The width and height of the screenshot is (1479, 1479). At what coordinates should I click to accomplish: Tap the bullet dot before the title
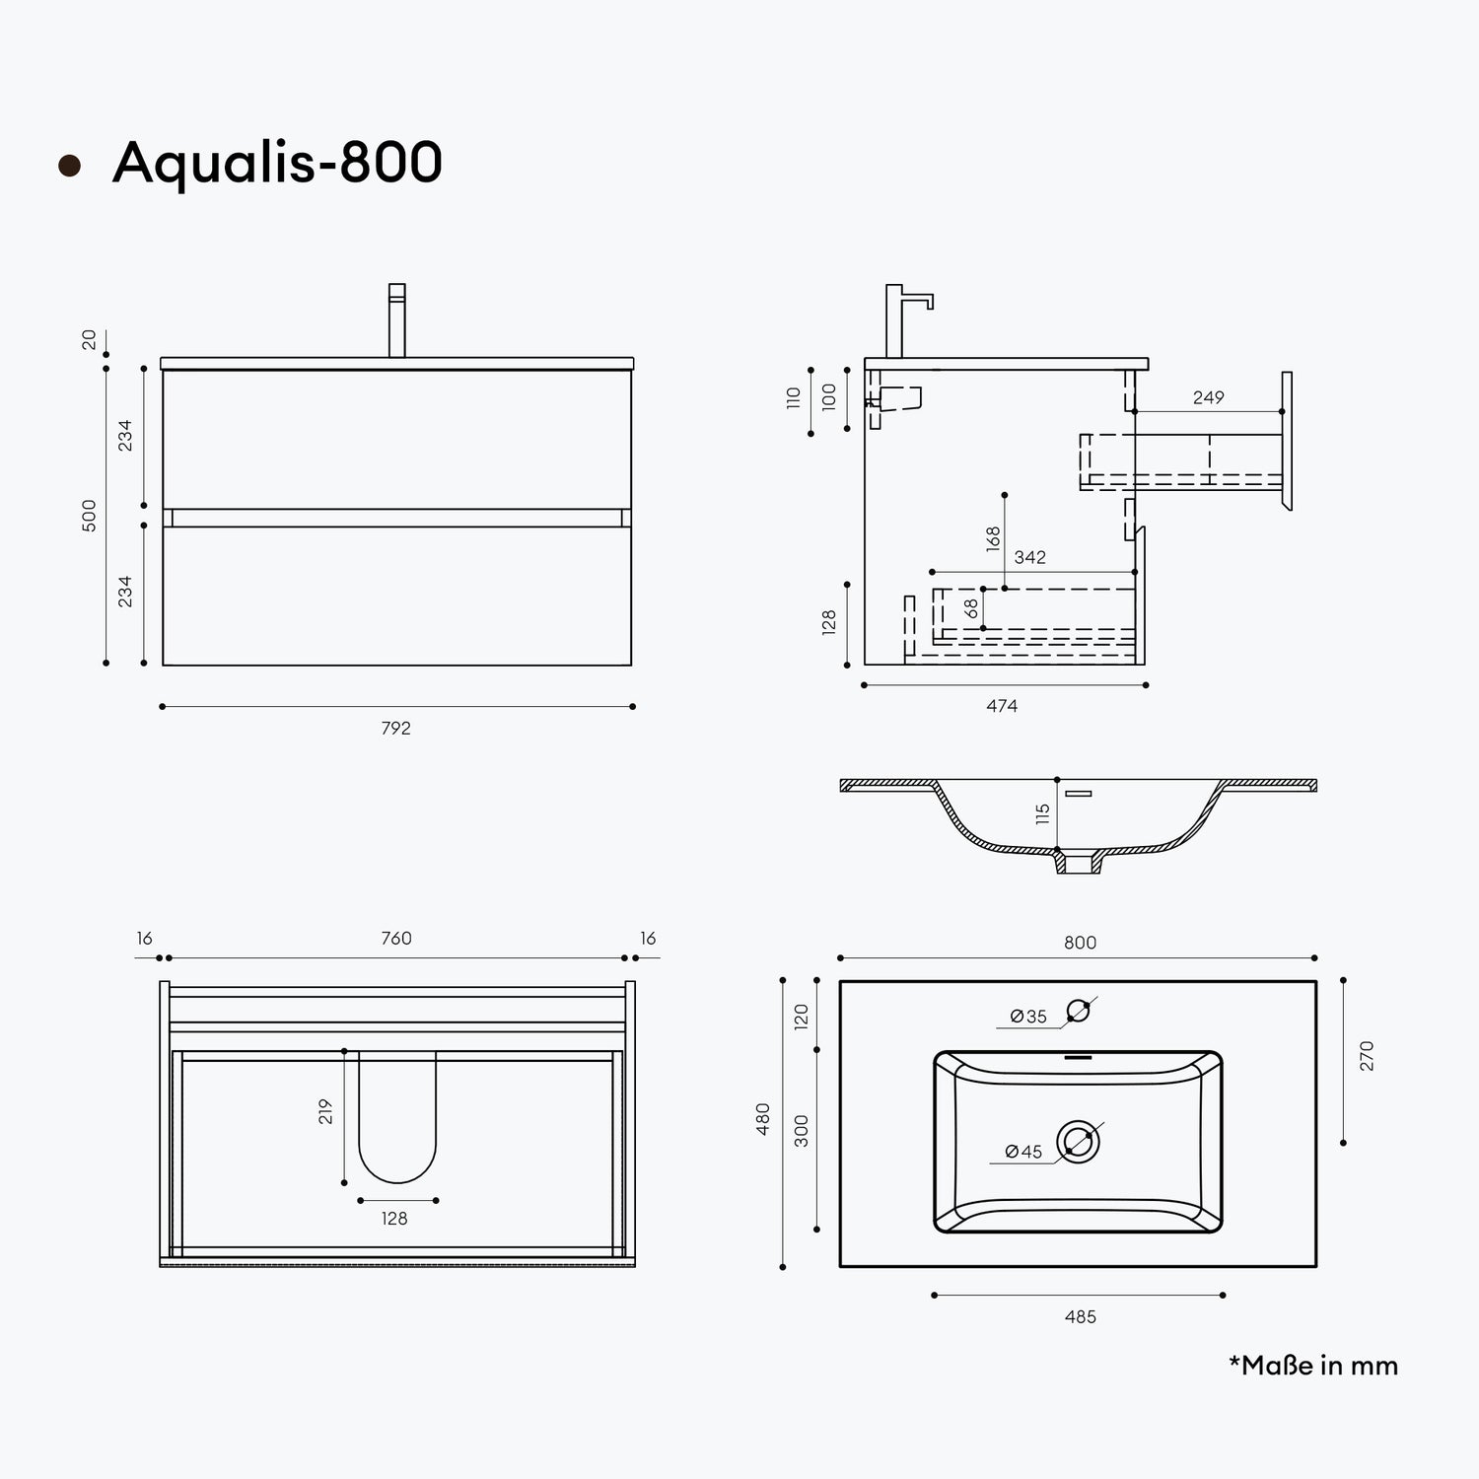point(69,166)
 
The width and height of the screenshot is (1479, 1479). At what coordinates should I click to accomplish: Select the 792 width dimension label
point(395,729)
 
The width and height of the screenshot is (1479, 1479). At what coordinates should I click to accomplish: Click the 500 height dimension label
point(90,516)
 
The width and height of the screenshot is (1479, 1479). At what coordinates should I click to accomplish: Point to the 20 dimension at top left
point(90,339)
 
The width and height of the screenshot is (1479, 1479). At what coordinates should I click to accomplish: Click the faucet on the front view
point(396,320)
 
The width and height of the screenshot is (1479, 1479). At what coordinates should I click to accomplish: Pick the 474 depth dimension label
point(1002,706)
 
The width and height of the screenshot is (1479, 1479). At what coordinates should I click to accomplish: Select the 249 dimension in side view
point(1208,397)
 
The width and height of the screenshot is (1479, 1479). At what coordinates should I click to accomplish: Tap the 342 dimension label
point(1029,557)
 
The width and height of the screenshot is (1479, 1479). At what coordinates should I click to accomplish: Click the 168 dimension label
point(993,537)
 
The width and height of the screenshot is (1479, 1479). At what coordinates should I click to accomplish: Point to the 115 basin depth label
point(1043,814)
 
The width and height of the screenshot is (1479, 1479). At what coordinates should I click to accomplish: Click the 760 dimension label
point(396,939)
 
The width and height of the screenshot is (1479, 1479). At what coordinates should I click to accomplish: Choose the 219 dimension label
point(326,1112)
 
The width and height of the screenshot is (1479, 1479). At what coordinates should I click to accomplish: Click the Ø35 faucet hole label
point(1028,1017)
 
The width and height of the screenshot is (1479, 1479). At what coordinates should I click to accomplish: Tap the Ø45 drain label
point(1023,1152)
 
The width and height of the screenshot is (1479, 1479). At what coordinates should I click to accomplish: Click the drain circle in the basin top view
point(1078,1142)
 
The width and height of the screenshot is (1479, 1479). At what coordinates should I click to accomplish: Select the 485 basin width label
point(1081,1317)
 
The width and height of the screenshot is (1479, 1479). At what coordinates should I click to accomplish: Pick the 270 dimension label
point(1367,1056)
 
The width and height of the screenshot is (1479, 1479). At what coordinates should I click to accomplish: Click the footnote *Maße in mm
point(1313,1366)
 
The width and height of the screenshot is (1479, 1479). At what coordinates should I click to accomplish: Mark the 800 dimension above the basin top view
point(1081,943)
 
